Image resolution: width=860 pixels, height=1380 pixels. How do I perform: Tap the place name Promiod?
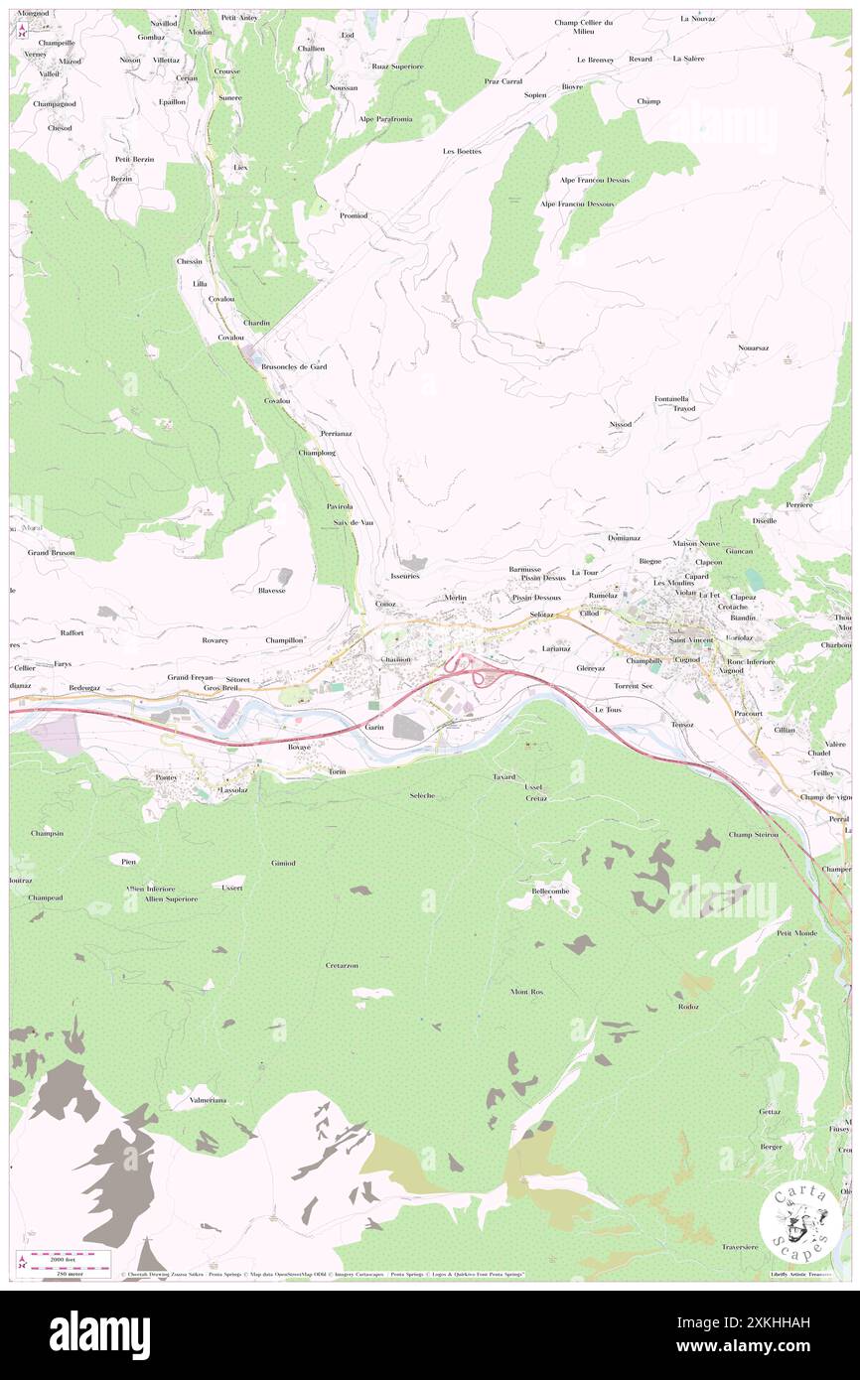pos(354,215)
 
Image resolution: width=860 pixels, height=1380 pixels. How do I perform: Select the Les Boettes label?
pos(462,151)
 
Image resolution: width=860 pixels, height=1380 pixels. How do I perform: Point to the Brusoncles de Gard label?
pos(294,366)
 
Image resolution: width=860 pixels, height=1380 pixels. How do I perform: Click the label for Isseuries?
pos(405,576)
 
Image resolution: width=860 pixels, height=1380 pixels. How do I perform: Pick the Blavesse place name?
pos(272,590)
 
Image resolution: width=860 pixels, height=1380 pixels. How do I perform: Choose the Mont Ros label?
pos(527,992)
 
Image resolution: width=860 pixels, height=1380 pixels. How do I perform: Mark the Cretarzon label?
pos(342,965)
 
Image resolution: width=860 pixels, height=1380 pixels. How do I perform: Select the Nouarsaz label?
pos(754,347)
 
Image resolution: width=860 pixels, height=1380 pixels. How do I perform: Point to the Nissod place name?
pos(621,424)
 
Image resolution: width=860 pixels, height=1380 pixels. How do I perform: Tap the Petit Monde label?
pos(796,933)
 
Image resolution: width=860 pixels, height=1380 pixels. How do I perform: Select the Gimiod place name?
pos(283,863)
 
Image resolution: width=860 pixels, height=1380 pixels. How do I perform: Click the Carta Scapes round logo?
pos(794,1223)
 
